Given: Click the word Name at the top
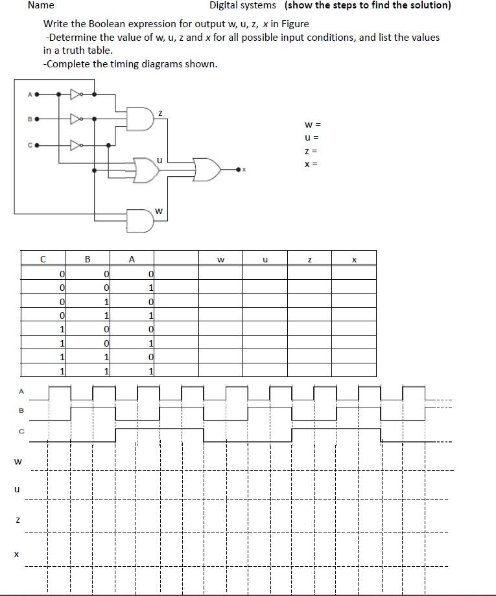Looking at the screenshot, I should coord(41,5).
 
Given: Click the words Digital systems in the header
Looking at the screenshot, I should coord(242,5).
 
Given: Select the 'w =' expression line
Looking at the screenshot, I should coord(313,124).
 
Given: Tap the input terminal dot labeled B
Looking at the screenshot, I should coord(37,119).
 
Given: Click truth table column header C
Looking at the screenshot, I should coord(43,259).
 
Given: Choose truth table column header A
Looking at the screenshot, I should coord(132,259).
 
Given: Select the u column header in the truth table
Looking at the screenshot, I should coord(265,260).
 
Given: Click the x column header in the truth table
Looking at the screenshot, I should coord(354,260).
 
